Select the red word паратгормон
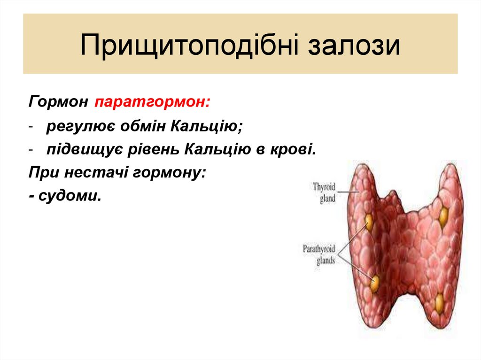(x=153, y=102)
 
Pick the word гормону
(x=170, y=172)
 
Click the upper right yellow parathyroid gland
(x=443, y=216)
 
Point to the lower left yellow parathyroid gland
(x=374, y=283)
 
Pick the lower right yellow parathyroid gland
(x=439, y=303)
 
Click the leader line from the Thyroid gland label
(x=348, y=192)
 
